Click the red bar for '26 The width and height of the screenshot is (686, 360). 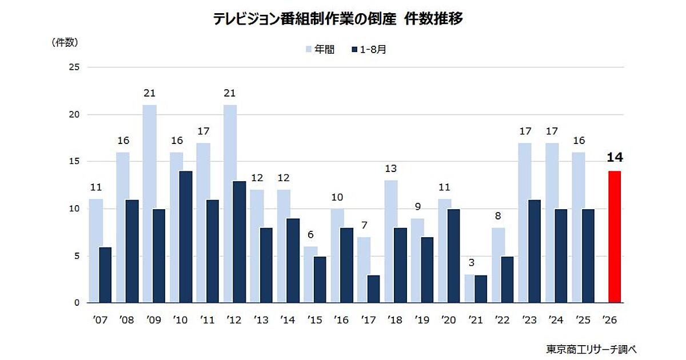tap(615, 237)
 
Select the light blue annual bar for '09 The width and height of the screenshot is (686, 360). tap(149, 204)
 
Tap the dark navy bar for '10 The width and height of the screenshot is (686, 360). tap(186, 237)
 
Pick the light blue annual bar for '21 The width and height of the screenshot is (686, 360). tap(469, 289)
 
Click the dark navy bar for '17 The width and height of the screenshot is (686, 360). tap(373, 289)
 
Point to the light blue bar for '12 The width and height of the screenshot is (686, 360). tap(230, 204)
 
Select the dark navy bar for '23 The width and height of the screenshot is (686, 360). tap(534, 251)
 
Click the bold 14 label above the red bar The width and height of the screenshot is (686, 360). tap(615, 157)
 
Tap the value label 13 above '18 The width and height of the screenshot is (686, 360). tap(391, 169)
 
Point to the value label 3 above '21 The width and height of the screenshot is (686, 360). tap(472, 262)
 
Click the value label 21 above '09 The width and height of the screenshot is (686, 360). tap(149, 93)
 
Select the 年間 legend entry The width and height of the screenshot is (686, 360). tap(320, 49)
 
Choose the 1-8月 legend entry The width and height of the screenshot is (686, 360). tap(369, 49)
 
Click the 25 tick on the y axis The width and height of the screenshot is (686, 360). tap(74, 67)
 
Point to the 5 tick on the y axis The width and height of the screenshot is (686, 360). tap(77, 256)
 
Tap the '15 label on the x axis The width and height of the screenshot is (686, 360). tap(315, 320)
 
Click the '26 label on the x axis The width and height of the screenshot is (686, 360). tap(609, 320)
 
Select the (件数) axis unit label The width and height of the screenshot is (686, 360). tap(65, 42)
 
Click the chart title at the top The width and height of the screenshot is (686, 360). tap(338, 19)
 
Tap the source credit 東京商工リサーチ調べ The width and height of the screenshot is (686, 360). tap(591, 349)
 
